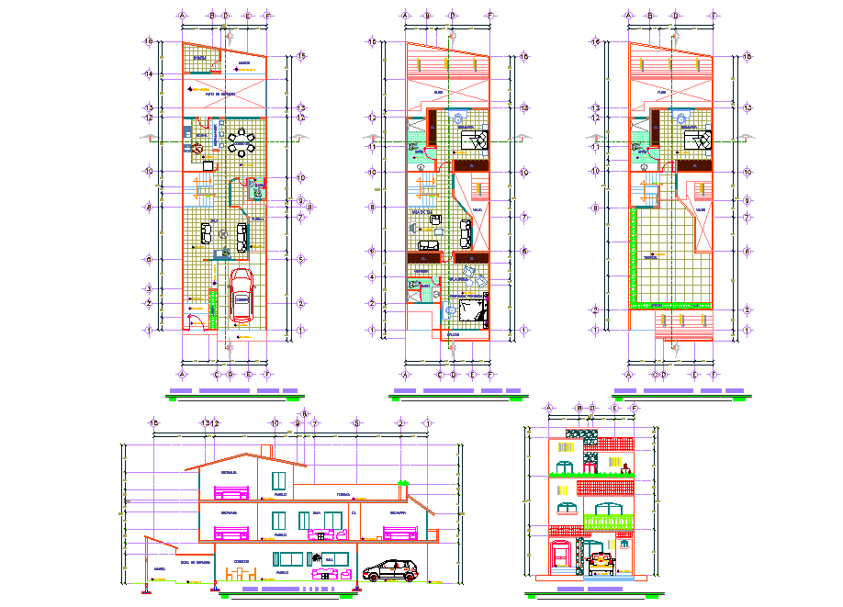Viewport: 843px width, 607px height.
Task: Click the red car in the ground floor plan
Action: coord(242,296)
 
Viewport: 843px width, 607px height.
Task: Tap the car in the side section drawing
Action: coord(393,570)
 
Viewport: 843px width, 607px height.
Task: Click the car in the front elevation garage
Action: coord(601,561)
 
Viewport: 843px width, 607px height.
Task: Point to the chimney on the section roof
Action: coord(265,451)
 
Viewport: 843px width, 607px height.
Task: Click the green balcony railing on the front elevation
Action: coord(610,523)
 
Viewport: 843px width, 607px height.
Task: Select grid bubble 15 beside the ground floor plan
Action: coord(301,57)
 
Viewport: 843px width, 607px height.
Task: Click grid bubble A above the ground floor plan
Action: coord(183,16)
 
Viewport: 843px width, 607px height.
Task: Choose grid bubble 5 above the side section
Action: coord(355,422)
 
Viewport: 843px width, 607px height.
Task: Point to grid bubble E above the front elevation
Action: coord(614,407)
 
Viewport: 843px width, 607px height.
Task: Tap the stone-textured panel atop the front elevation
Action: coord(580,433)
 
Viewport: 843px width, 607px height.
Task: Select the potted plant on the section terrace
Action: coord(402,484)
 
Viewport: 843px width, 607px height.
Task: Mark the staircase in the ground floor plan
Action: coord(201,190)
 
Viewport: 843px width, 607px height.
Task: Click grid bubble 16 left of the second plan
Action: coord(373,41)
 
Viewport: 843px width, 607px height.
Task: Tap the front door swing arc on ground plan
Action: coord(195,320)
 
